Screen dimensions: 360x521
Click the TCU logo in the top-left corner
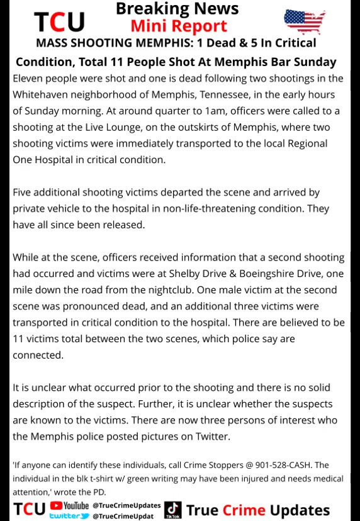59,22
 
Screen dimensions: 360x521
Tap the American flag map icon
305,22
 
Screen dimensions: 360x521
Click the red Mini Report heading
178,26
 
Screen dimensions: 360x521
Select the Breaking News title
177,9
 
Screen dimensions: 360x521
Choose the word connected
38,355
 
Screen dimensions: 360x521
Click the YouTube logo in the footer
69,505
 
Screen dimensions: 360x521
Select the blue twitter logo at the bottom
69,516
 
